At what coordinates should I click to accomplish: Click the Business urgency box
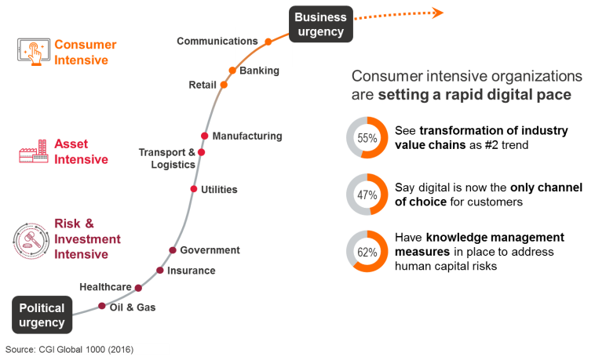point(320,24)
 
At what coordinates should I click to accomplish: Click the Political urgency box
point(42,315)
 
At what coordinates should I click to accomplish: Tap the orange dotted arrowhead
point(438,12)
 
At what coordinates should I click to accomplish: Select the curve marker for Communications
point(268,42)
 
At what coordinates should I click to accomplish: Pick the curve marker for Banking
point(232,71)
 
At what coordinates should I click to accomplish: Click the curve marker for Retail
point(224,84)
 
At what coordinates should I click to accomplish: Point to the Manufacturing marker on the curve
point(205,136)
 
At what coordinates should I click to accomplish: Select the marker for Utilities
point(193,189)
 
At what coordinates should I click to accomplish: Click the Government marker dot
point(173,250)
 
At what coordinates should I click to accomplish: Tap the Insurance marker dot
point(160,271)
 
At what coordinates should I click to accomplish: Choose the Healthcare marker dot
point(138,288)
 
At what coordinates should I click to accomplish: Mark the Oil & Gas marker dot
point(102,307)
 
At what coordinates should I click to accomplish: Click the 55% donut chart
point(367,138)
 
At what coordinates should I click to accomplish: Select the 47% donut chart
point(367,195)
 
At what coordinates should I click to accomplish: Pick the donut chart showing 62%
point(367,253)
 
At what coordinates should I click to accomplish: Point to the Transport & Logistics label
point(166,158)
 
